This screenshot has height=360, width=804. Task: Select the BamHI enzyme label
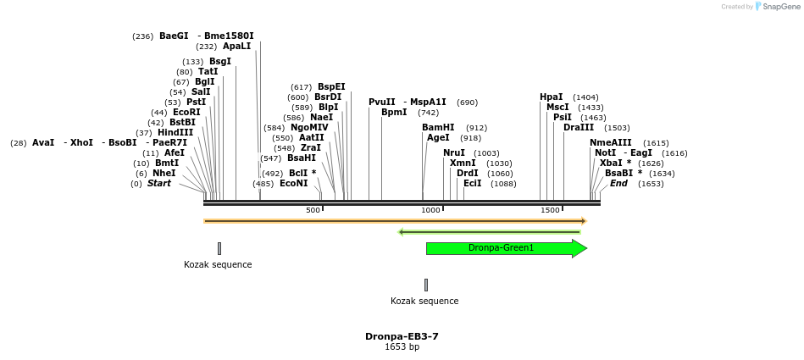[438, 127]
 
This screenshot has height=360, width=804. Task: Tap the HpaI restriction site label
[551, 97]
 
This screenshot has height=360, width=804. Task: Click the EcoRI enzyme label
[186, 112]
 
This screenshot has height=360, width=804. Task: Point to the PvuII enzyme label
[381, 102]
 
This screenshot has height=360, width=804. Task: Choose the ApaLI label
[236, 47]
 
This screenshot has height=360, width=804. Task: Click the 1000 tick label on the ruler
[430, 210]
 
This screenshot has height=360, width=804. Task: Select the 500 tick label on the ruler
[313, 210]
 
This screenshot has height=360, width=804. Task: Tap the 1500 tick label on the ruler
[550, 210]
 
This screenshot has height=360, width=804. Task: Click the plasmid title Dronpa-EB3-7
[402, 336]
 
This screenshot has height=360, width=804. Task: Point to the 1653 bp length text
[402, 347]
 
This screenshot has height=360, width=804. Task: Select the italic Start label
[159, 183]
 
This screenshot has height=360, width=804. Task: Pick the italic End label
[618, 183]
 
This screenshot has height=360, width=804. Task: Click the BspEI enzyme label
[331, 86]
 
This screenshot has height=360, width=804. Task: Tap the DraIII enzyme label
[579, 127]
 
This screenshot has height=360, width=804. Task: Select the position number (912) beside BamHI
[476, 128]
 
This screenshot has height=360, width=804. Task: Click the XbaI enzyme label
[610, 163]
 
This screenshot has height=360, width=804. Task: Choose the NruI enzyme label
[454, 152]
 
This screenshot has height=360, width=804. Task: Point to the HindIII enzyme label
[175, 132]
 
